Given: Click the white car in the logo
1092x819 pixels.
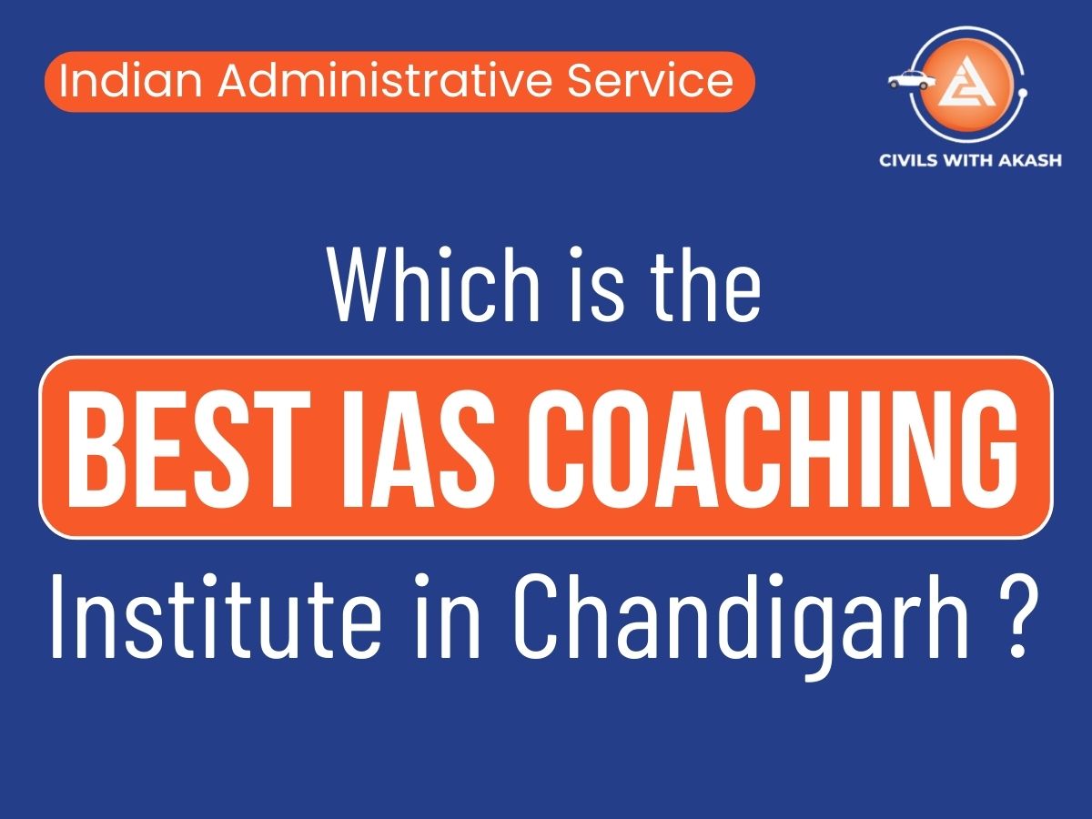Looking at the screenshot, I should pyautogui.click(x=911, y=80).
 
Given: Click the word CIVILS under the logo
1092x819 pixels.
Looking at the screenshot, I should pyautogui.click(x=912, y=161).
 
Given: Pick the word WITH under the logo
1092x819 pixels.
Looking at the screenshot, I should pyautogui.click(x=972, y=161).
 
